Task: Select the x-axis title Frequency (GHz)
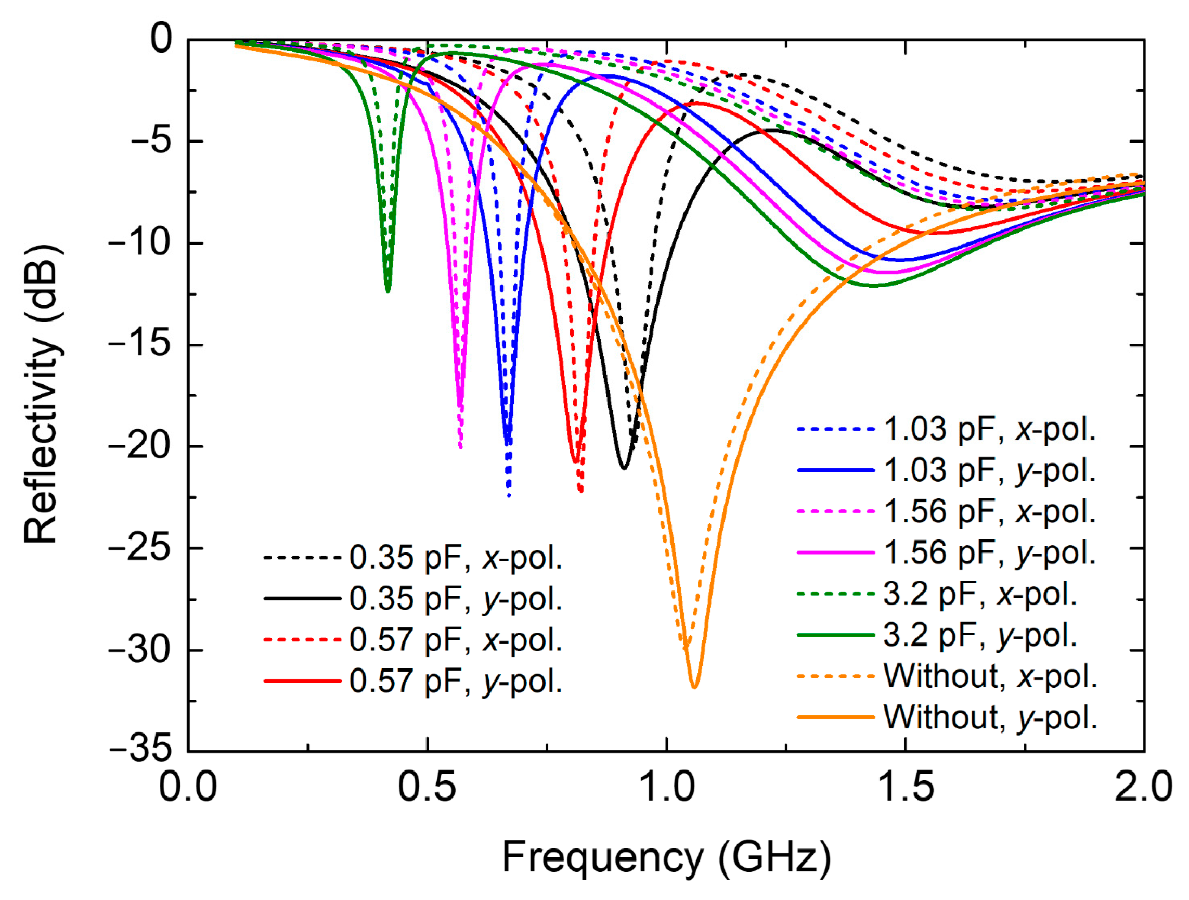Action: pyautogui.click(x=666, y=857)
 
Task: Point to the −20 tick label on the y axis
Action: pyautogui.click(x=141, y=446)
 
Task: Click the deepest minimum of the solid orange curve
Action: pyautogui.click(x=694, y=687)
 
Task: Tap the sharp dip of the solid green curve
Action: pyautogui.click(x=387, y=291)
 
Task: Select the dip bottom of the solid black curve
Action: pyautogui.click(x=624, y=468)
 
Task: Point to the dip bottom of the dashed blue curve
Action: pyautogui.click(x=509, y=495)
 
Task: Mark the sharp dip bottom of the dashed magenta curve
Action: pyautogui.click(x=461, y=447)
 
